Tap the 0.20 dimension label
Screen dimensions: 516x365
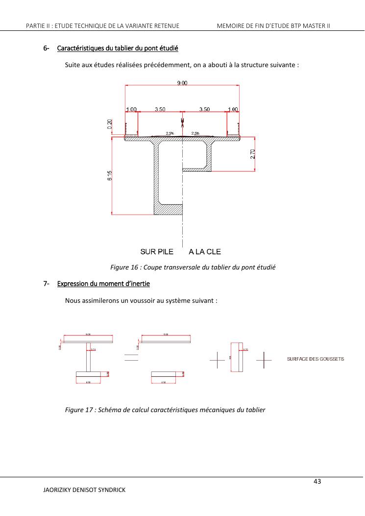point(110,124)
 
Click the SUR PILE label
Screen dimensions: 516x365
point(157,252)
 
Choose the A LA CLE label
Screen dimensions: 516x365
point(205,252)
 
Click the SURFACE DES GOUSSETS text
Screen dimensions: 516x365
point(315,359)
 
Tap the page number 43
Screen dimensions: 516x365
point(316,482)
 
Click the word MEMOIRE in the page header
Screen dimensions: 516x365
point(232,25)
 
